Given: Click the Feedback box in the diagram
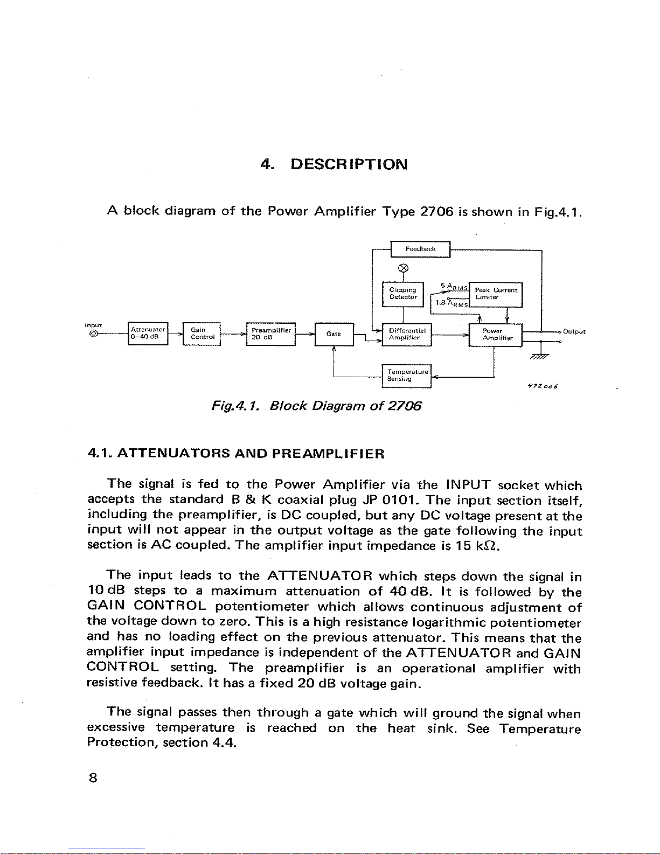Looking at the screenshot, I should click(420, 249).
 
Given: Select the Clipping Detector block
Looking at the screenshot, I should click(403, 294).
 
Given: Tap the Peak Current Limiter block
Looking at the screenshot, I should click(496, 294).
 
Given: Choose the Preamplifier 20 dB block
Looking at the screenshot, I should click(270, 334).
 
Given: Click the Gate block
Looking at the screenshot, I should click(334, 334).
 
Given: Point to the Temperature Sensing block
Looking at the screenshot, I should click(407, 375).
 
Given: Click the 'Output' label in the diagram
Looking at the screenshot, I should click(574, 331).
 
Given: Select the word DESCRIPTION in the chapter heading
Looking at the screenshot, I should click(349, 164).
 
